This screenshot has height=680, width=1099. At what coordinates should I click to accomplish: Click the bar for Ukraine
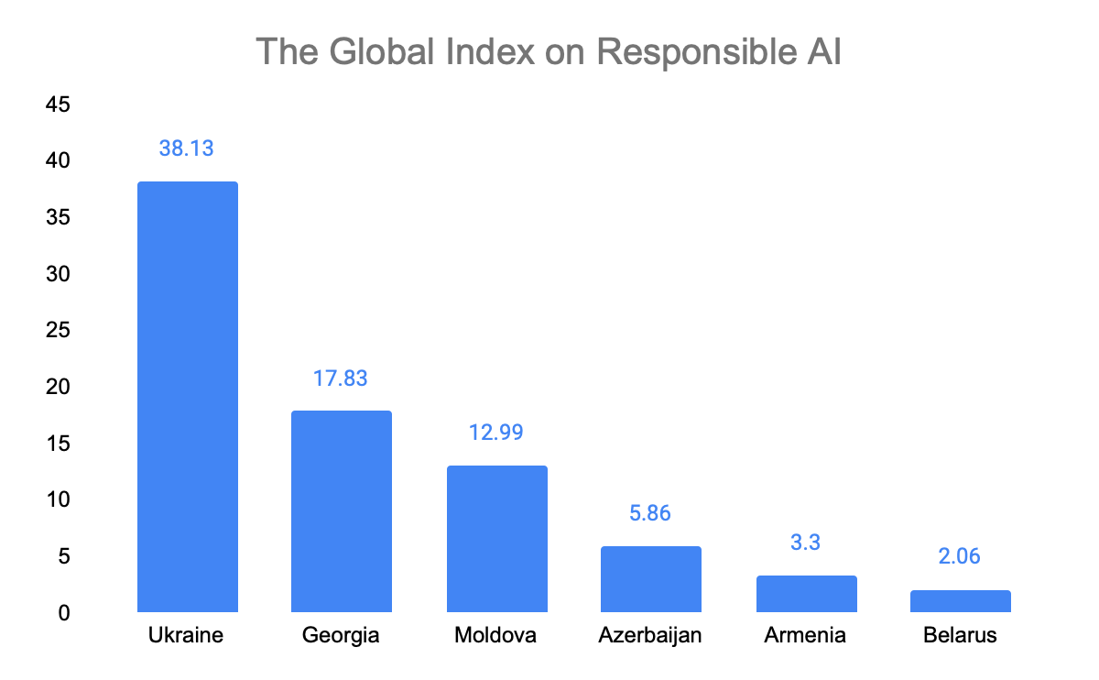[x=187, y=396]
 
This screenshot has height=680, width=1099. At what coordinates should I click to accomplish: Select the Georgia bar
[x=341, y=510]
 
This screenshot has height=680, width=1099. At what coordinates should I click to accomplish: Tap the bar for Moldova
[x=496, y=538]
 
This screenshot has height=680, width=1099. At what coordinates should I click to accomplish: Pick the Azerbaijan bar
[x=650, y=578]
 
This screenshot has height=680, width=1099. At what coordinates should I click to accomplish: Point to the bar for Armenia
[x=806, y=593]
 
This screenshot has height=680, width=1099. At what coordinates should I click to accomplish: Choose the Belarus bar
[x=960, y=600]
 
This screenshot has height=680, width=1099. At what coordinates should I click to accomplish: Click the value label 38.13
[x=186, y=148]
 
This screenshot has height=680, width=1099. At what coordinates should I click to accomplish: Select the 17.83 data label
[x=341, y=378]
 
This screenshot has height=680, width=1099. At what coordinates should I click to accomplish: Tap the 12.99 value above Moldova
[x=495, y=432]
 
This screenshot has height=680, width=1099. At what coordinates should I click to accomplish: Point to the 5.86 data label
[x=650, y=512]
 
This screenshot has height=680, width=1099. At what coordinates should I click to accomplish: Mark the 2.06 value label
[x=960, y=556]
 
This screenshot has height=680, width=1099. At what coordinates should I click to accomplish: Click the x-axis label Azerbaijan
[x=650, y=634]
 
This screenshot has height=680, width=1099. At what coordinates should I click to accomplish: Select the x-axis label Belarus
[x=960, y=634]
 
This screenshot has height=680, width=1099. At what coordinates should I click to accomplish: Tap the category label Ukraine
[x=186, y=634]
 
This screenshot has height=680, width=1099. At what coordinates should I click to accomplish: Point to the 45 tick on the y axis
[x=58, y=105]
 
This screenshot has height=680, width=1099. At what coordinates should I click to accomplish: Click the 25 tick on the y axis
[x=58, y=331]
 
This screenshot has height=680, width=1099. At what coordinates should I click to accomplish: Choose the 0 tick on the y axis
[x=64, y=612]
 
